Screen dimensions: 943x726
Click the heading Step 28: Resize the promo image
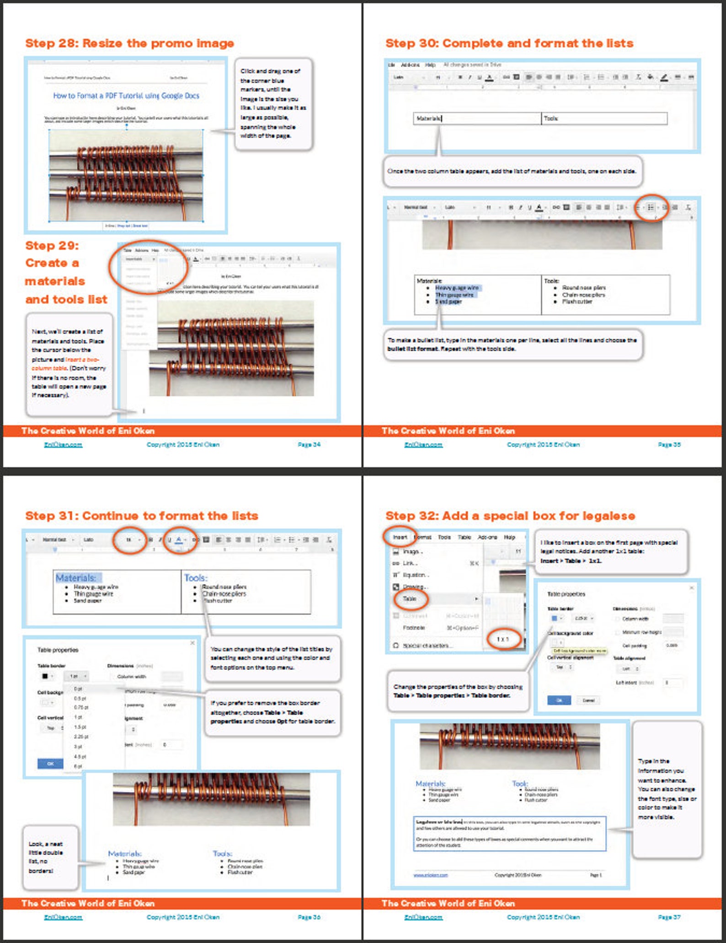coord(129,43)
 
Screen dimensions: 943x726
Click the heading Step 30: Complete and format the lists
coord(509,43)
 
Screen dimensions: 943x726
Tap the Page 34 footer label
coord(309,444)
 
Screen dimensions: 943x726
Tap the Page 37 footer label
coord(669,917)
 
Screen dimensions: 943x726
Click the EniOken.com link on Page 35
coord(423,444)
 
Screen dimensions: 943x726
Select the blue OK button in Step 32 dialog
coord(559,700)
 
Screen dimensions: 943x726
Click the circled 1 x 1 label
coord(502,639)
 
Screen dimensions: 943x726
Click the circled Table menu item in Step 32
coord(410,598)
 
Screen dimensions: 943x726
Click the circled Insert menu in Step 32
coord(400,537)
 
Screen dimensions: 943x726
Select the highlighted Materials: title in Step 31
coord(76,578)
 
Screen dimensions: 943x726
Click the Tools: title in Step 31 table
coord(196,578)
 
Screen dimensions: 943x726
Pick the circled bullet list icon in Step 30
coord(651,207)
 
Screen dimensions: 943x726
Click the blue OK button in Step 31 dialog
coord(50,763)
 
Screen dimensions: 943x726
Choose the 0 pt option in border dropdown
coord(78,689)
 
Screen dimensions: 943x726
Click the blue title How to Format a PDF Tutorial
coord(126,96)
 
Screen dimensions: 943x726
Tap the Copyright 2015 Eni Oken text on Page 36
coord(183,917)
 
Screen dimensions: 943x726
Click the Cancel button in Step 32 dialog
coord(588,700)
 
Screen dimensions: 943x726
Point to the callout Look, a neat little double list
coord(46,857)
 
